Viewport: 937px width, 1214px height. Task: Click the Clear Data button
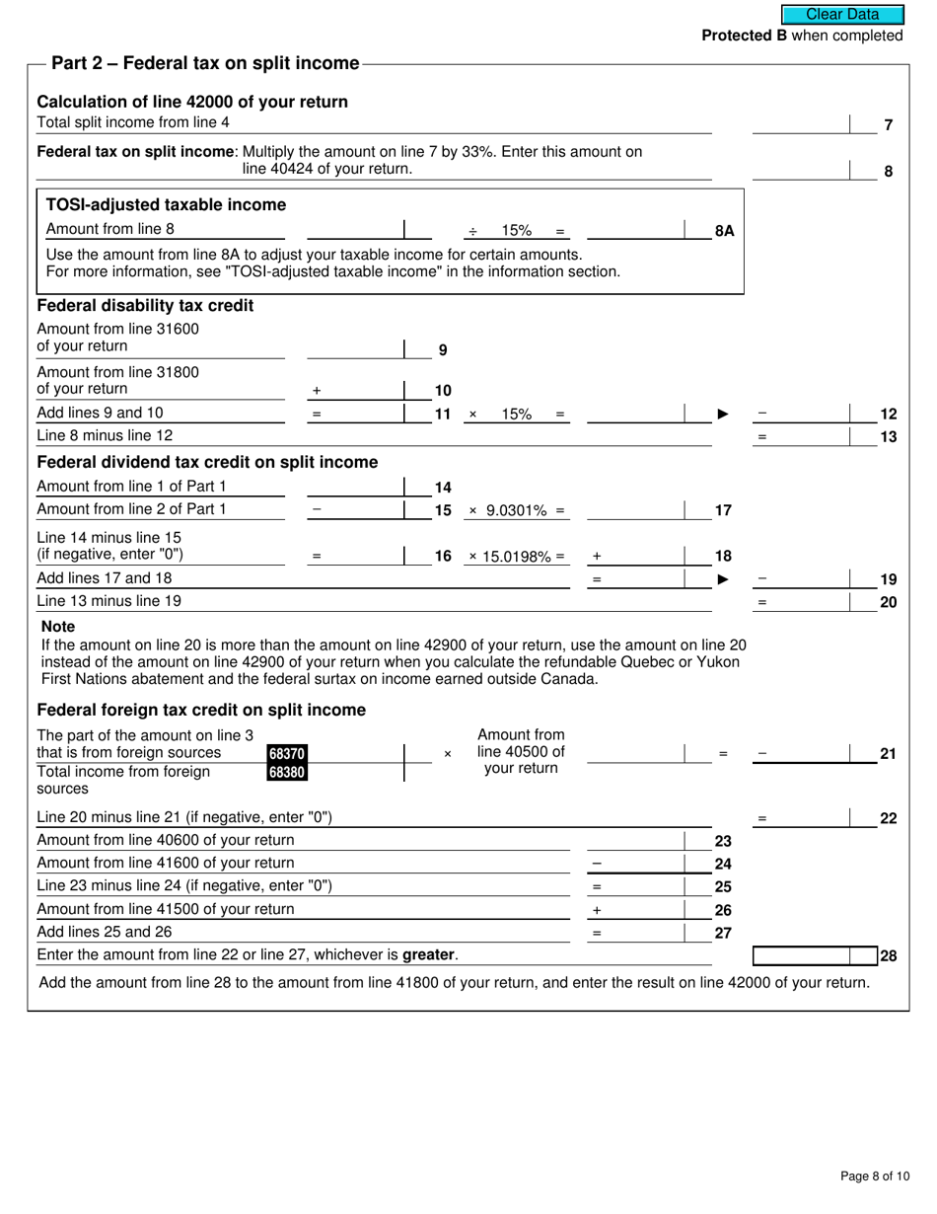pos(842,14)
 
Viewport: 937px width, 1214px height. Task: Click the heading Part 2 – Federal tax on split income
pos(205,63)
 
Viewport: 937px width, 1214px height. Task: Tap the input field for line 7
pos(800,124)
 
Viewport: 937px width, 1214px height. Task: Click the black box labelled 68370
pos(286,754)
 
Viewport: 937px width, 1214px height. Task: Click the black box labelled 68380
pos(286,772)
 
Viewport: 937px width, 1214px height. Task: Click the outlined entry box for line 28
pos(801,955)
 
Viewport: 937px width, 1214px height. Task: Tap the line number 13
pos(888,436)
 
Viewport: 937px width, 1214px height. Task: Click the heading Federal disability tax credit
pos(145,306)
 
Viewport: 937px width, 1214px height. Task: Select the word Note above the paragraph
pos(58,627)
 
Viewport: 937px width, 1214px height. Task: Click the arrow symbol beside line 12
pos(722,415)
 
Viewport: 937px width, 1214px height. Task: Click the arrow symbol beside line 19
pos(722,579)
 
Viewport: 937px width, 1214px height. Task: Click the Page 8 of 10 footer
pos(868,1176)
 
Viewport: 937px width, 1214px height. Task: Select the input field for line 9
pos(355,348)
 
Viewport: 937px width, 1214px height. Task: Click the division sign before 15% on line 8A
pos(472,231)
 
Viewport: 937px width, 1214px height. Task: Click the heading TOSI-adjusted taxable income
pos(167,205)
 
